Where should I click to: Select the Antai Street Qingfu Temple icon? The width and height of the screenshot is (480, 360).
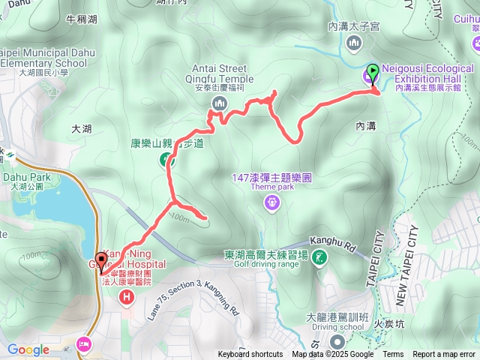click(219, 103)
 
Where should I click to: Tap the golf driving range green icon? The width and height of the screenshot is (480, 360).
click(319, 259)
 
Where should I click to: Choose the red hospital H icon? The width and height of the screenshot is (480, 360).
click(126, 298)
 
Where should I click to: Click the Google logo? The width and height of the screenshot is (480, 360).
click(28, 349)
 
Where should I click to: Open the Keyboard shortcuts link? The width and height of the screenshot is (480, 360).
click(250, 355)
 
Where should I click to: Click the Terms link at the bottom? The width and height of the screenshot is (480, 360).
click(393, 355)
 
